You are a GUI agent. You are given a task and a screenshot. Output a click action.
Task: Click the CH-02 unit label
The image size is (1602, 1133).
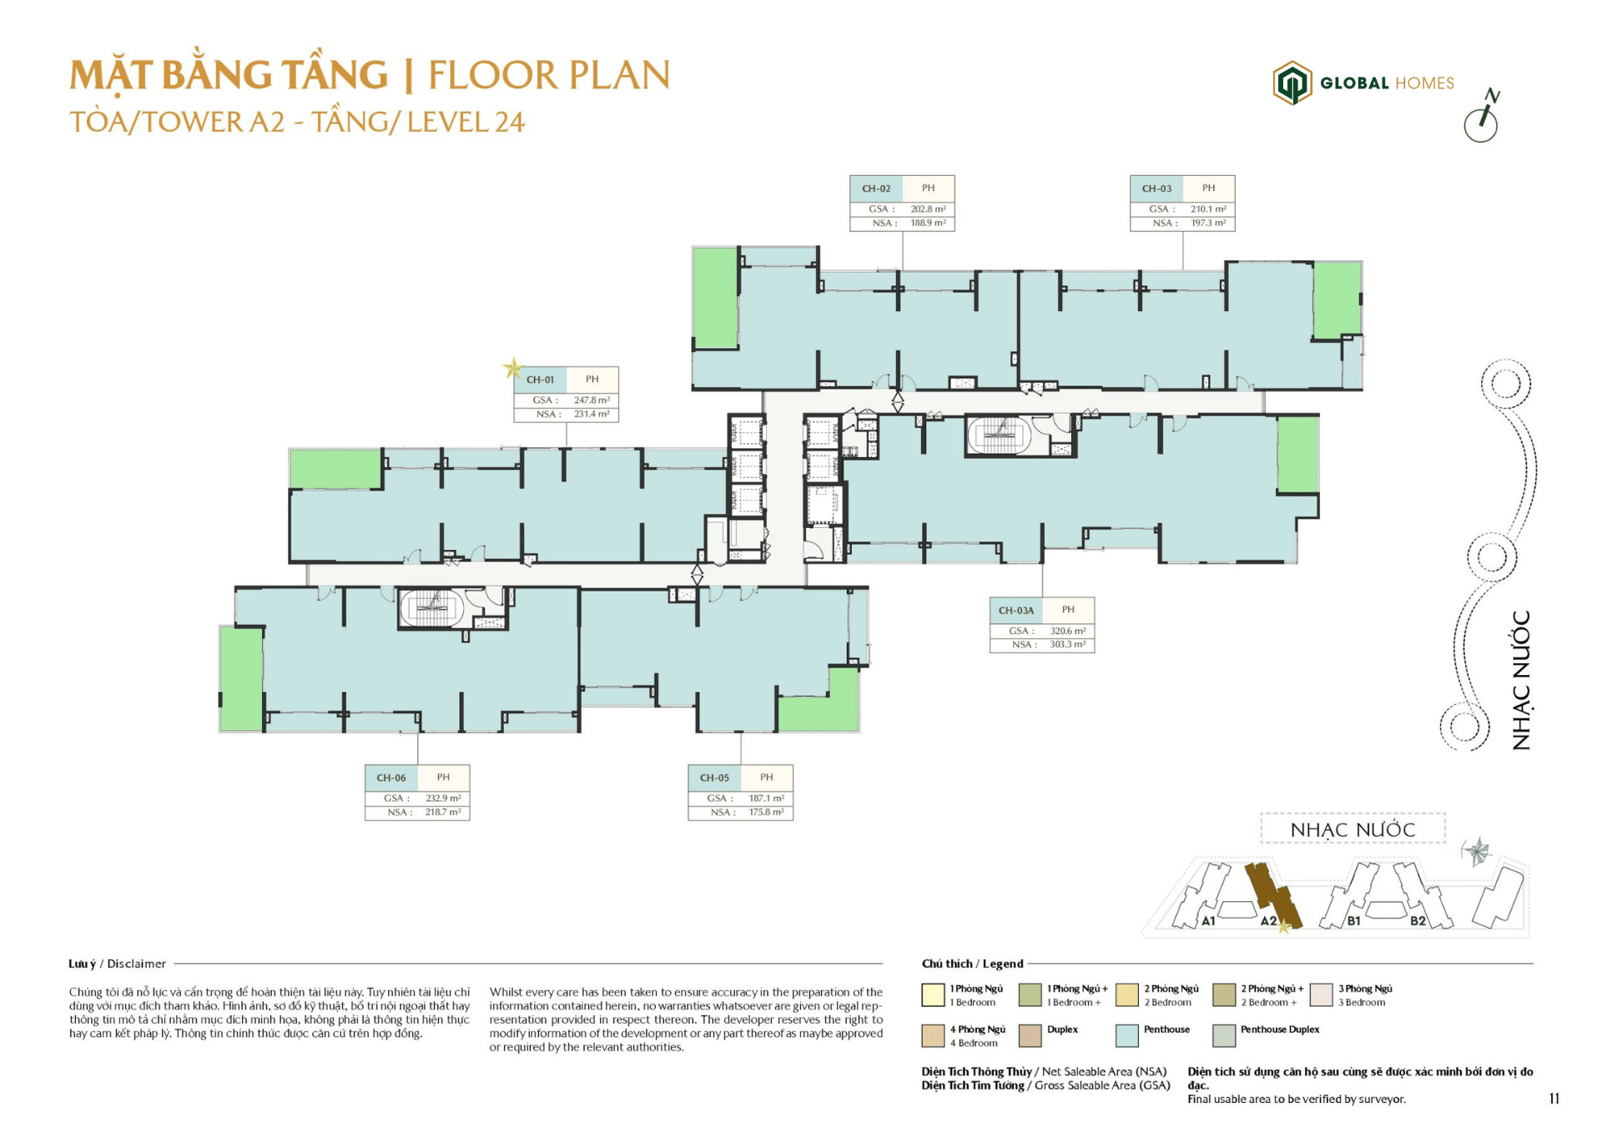876,189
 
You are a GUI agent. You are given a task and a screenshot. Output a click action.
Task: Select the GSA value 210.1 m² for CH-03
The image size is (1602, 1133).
1207,209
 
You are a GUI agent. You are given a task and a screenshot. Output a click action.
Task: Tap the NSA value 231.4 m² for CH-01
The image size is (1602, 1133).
591,414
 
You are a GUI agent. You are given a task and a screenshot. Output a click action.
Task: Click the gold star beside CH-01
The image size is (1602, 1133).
513,368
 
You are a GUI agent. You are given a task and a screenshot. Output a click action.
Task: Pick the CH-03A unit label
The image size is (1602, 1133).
1015,610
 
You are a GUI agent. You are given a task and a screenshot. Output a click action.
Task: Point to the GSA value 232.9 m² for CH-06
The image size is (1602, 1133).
442,798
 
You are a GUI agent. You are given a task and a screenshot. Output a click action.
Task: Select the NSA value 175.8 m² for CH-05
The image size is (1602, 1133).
765,812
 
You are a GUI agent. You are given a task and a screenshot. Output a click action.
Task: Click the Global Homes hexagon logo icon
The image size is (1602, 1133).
1292,83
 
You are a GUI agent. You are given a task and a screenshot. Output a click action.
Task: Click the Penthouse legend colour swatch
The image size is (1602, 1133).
1126,1035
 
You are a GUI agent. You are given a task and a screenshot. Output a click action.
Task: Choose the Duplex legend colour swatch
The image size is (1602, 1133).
1030,1035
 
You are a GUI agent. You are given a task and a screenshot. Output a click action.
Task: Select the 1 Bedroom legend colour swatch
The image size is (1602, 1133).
933,995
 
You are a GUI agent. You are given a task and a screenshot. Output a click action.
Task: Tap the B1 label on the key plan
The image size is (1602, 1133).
1353,921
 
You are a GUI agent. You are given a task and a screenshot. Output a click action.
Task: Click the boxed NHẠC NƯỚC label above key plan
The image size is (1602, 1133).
1352,829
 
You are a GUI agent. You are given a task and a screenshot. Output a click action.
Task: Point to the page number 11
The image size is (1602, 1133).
1554,1098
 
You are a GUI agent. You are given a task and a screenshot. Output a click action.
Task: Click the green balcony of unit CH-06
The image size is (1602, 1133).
241,678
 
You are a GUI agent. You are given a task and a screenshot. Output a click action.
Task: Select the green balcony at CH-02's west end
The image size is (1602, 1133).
715,297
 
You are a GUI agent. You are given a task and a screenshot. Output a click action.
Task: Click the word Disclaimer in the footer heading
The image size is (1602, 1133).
136,964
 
